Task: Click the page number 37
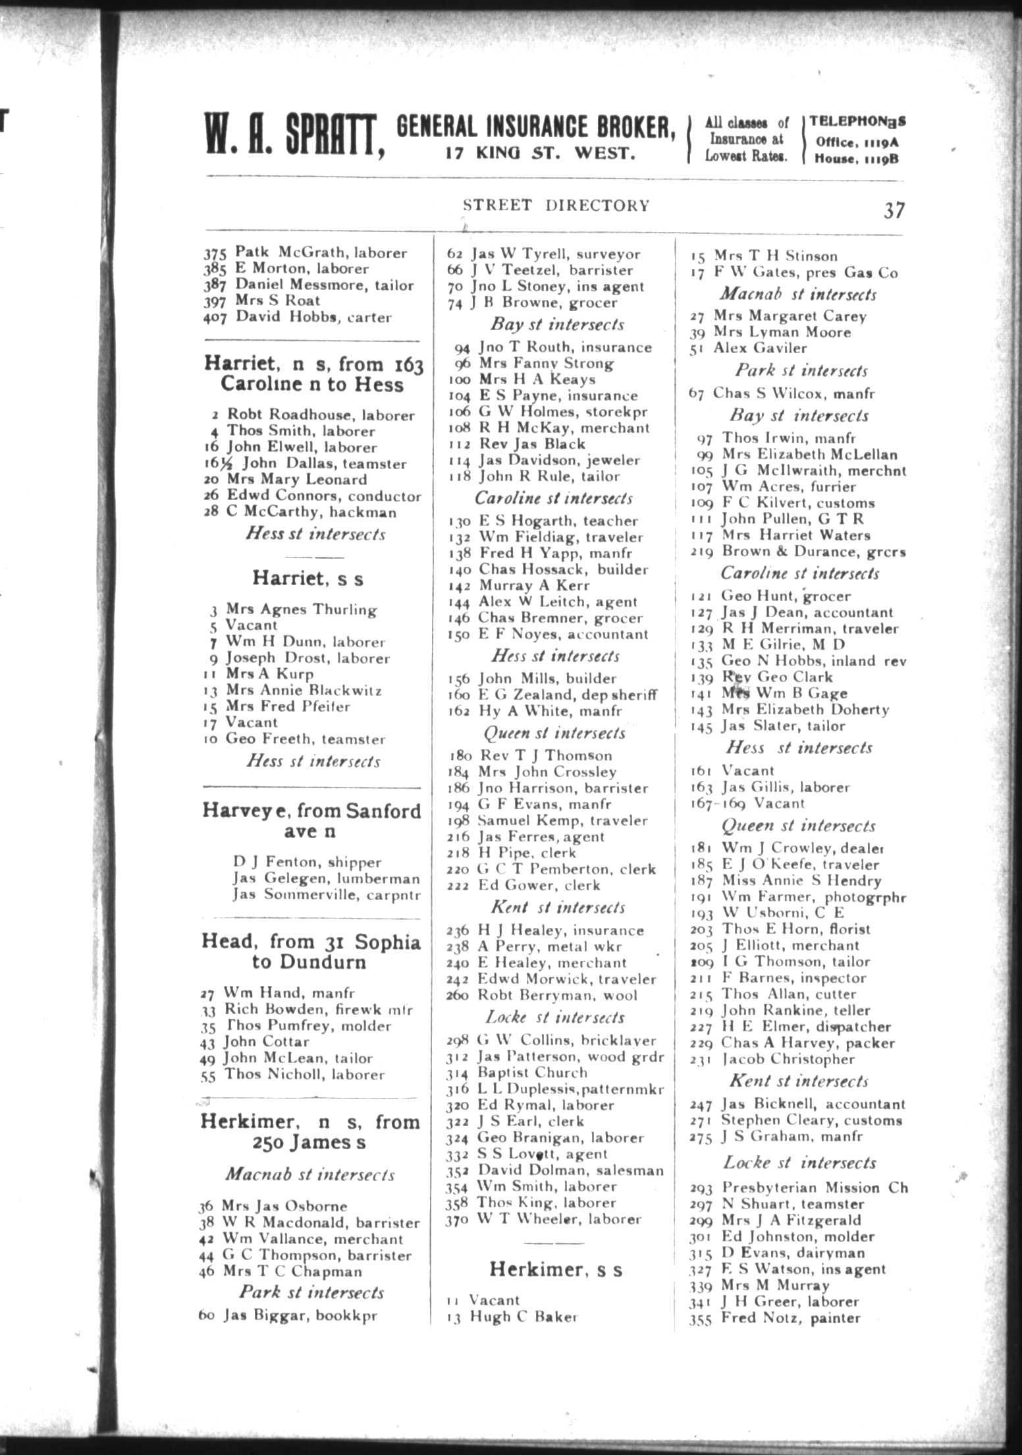[894, 210]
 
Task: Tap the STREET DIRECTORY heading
[556, 205]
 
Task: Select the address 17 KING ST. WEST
[540, 153]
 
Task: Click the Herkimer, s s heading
[556, 1269]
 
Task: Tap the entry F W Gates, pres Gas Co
[793, 272]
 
